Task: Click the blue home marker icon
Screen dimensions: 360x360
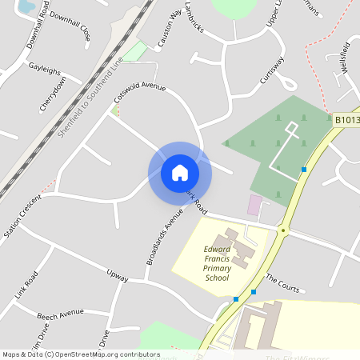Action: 180,173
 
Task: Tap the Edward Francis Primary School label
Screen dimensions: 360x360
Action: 217,263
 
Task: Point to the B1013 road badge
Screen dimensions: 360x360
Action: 347,120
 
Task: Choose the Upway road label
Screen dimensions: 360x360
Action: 118,274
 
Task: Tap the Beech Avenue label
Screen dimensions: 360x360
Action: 59,312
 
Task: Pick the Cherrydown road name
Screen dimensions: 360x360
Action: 54,95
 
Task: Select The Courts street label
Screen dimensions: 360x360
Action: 282,282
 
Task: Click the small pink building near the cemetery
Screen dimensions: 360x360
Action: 254,205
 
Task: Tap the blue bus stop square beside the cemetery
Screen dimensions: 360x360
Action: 304,169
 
